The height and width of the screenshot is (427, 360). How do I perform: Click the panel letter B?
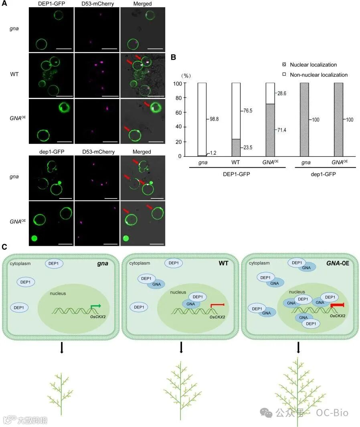(x=174, y=57)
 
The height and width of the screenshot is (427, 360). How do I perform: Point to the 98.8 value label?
(x=212, y=119)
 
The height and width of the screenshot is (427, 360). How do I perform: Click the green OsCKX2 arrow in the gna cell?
(x=95, y=307)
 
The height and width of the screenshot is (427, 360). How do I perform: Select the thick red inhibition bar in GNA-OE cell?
(x=337, y=306)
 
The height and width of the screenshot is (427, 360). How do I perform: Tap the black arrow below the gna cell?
(x=61, y=348)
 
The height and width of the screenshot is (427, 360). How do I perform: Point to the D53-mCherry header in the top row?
(x=97, y=4)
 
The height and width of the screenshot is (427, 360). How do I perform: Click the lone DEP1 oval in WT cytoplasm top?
(x=174, y=263)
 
